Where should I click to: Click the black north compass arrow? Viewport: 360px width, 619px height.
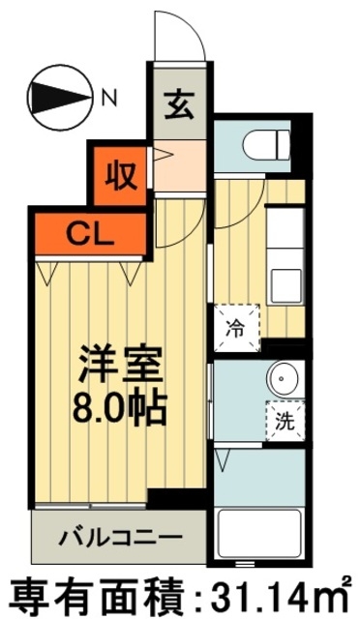(x=57, y=96)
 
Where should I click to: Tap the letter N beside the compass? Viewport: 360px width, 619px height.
(x=109, y=96)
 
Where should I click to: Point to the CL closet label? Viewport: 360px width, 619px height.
(x=86, y=231)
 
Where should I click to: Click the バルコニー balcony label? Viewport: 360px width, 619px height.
(x=118, y=534)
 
